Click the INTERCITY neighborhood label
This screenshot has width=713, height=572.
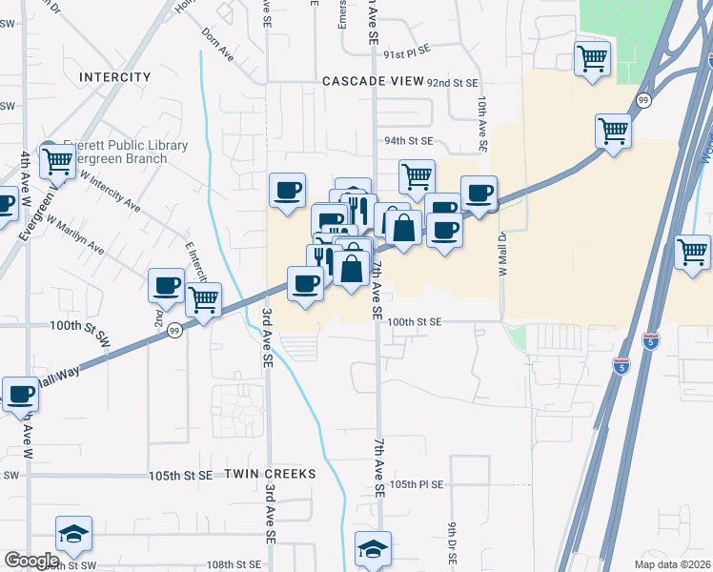click(115, 76)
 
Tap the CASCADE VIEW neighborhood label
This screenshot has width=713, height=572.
click(372, 81)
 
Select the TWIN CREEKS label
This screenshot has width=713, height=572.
click(269, 474)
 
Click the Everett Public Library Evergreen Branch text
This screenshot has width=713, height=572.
click(126, 152)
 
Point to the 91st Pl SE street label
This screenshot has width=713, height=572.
click(408, 55)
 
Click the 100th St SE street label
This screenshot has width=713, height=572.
click(415, 322)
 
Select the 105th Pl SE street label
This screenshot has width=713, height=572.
click(417, 484)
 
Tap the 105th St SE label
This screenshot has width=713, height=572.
click(180, 475)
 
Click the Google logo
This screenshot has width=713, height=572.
click(31, 561)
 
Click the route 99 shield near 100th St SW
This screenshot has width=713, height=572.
click(174, 330)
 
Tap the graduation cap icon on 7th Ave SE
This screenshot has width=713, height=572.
click(373, 547)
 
